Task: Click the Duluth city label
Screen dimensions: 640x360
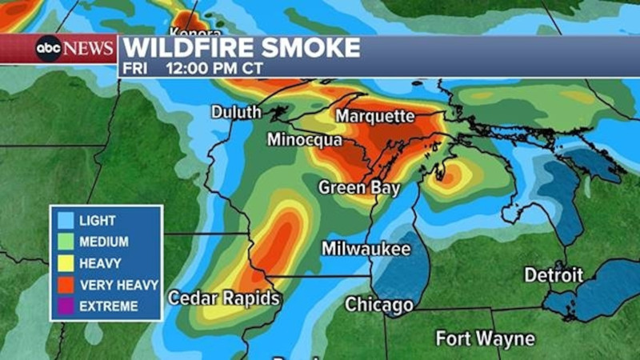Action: [236, 113]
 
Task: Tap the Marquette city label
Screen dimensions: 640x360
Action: [374, 117]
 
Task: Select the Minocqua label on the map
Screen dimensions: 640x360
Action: [304, 141]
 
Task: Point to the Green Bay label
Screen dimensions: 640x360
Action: [354, 188]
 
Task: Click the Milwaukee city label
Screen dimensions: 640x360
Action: [366, 249]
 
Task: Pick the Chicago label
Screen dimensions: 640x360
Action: [378, 305]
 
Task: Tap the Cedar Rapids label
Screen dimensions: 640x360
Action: [224, 298]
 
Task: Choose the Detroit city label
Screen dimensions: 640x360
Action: [553, 275]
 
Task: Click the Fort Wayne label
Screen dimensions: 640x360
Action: [485, 338]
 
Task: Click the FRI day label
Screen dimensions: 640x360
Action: [136, 69]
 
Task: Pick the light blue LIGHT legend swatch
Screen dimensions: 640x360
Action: [65, 220]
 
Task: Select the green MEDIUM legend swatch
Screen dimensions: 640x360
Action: [65, 241]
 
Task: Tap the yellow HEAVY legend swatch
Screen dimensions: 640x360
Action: [65, 262]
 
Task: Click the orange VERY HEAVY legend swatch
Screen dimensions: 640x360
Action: [65, 284]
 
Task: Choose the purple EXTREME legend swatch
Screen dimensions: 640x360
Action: [65, 306]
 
